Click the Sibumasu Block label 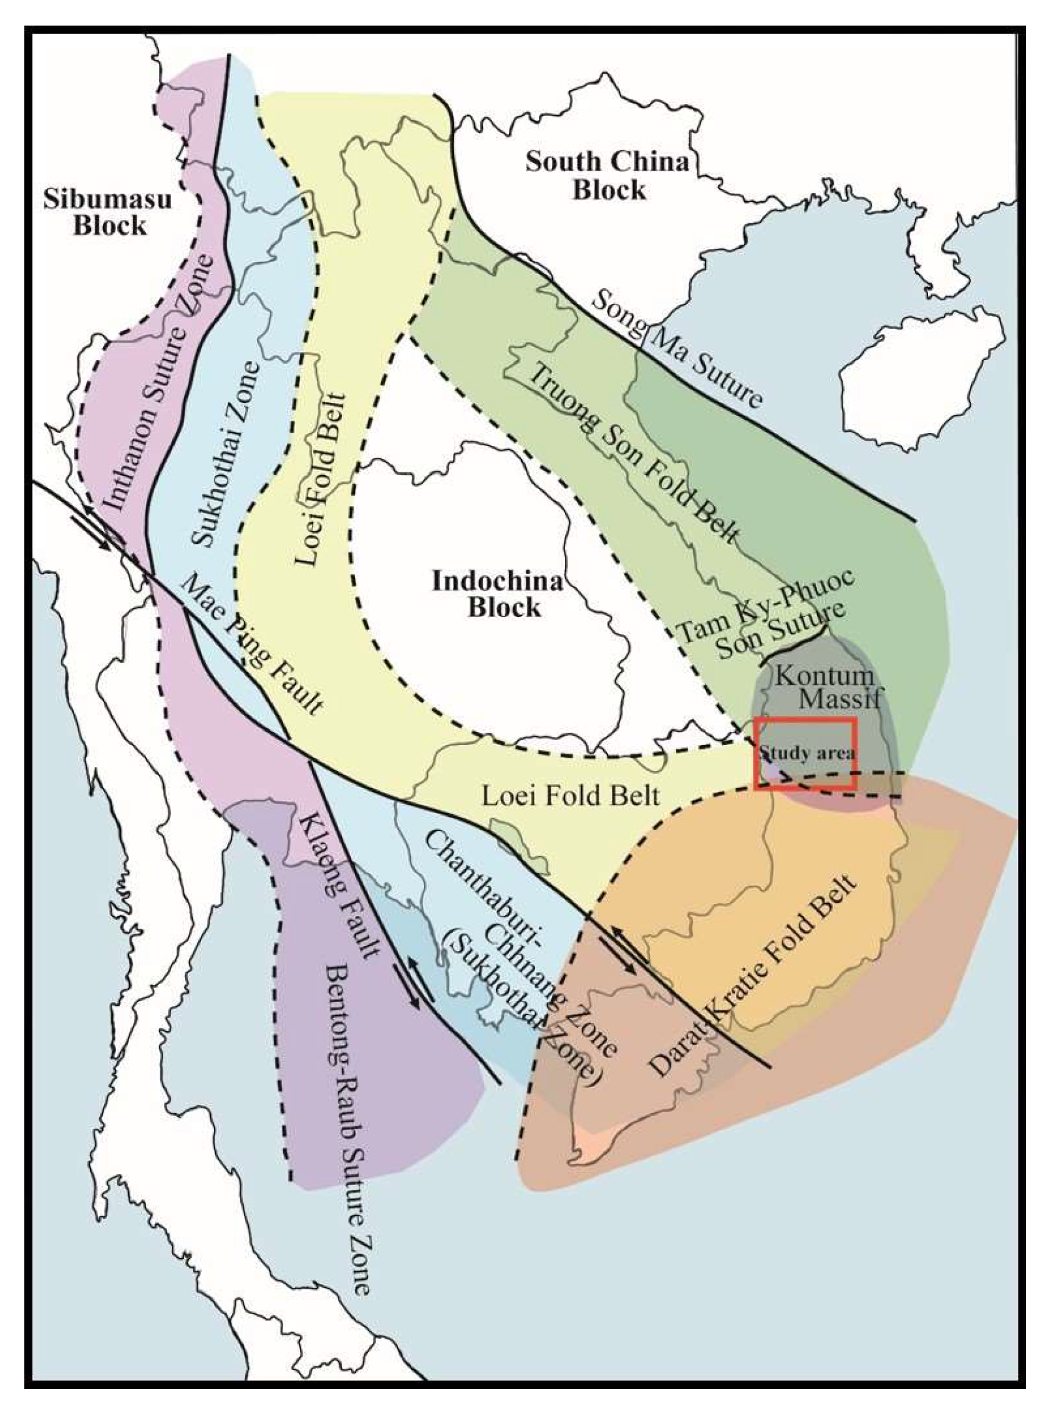click(x=108, y=213)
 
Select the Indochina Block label click(x=498, y=595)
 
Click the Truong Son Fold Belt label click(x=634, y=454)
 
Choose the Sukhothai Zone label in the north click(x=225, y=454)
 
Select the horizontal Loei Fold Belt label click(x=571, y=796)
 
